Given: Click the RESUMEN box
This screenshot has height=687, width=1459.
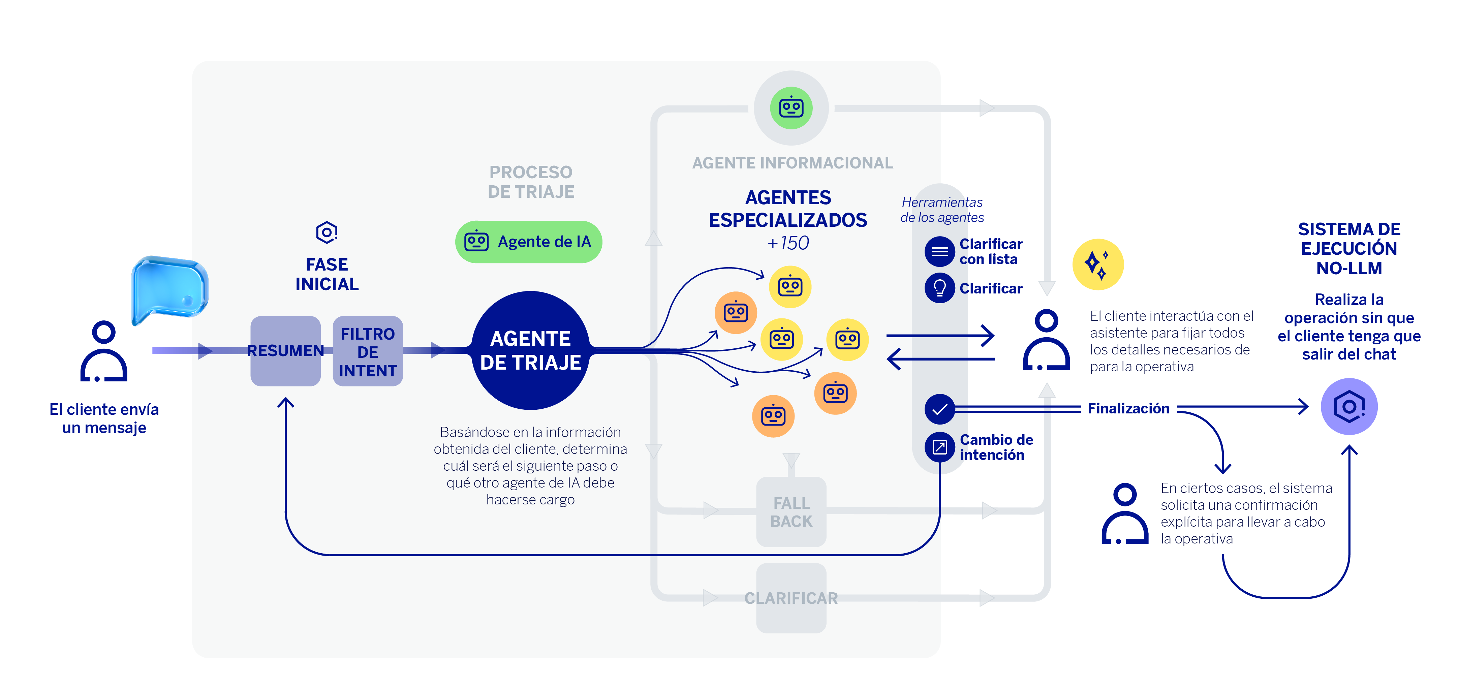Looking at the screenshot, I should point(285,351).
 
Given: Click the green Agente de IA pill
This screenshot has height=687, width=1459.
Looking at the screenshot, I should point(528,242).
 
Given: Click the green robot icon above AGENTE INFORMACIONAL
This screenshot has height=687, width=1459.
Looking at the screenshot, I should point(791,107).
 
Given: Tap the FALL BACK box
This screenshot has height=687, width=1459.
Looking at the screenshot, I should point(791,512).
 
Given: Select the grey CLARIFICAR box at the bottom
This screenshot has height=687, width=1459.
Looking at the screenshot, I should point(791,598).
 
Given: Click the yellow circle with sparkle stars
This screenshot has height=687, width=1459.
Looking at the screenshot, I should point(1098,264).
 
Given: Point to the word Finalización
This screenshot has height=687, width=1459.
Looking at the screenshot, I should point(1128,408).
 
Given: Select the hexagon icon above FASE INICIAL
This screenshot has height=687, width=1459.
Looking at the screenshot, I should point(327,232).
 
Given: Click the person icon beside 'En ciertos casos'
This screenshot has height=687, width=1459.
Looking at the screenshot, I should point(1125,514).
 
